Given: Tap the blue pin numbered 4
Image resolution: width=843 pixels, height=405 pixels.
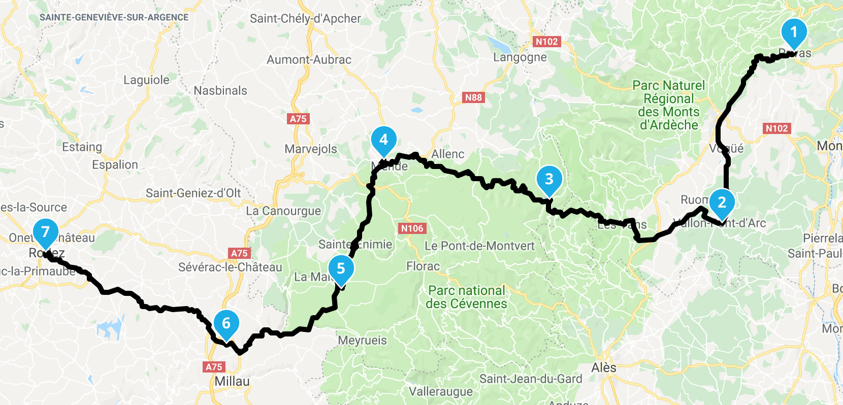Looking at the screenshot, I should tap(384, 140).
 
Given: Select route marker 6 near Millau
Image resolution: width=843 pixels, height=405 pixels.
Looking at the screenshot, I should tap(226, 323).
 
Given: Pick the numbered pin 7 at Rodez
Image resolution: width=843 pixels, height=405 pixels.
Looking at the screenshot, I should tap(46, 232).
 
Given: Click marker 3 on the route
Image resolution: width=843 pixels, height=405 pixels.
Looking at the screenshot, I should tap(549, 179).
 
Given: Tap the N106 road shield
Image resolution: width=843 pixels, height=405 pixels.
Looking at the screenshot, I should tap(412, 228).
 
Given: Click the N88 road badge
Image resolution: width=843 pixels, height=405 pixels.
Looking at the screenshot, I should tap(473, 97).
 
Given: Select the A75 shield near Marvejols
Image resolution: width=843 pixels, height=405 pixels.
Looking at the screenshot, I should tap(298, 119).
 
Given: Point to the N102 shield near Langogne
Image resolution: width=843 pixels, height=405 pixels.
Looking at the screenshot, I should tap(547, 42).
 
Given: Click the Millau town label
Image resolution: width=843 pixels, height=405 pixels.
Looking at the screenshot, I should tap(232, 382).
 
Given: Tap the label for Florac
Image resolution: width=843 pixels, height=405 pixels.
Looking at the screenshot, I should tap(423, 266).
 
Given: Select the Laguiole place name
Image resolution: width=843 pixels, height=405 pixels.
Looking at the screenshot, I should tap(146, 80).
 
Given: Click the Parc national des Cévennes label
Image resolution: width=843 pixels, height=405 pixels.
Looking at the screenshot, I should tap(466, 297).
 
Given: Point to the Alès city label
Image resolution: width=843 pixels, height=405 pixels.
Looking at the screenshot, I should tap(604, 367).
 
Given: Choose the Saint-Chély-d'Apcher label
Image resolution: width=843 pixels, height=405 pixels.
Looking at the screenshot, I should tap(305, 19).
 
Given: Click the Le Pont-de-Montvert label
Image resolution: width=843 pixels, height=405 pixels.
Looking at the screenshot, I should tap(479, 246).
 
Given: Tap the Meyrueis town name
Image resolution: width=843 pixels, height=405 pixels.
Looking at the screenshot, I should tap(362, 341).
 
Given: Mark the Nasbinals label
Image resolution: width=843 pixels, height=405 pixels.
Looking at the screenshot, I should tap(220, 91).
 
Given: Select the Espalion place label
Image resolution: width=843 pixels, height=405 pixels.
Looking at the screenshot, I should tap(115, 165).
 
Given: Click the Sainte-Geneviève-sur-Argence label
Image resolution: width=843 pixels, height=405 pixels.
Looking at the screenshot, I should tap(114, 17).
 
